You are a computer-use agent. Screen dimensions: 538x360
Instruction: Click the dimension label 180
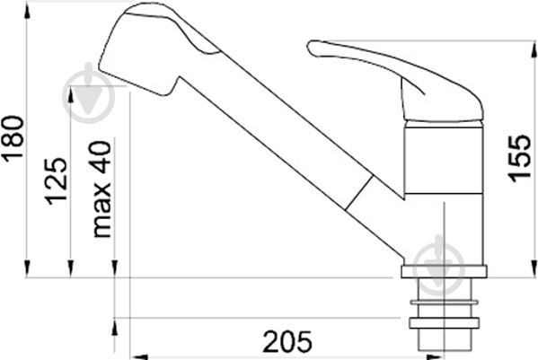pos(13,138)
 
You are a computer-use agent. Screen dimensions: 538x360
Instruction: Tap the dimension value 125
pos(56,181)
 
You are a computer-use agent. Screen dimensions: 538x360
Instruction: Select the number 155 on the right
pos(519,159)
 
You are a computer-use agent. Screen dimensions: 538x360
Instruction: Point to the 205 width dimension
pos(287,341)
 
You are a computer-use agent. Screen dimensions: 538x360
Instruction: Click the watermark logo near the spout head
pos(88,93)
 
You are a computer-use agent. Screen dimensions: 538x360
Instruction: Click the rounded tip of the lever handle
pos(312,48)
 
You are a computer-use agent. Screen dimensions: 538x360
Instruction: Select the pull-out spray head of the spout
pos(151,48)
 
